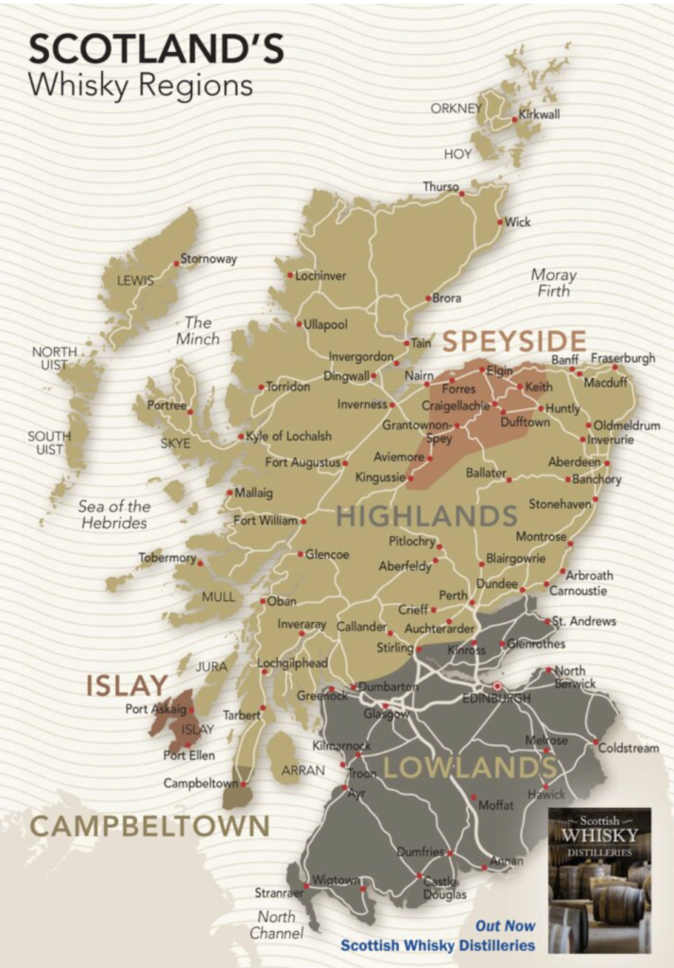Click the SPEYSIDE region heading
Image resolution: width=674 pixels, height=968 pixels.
514,340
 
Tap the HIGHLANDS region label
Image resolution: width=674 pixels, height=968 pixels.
427,516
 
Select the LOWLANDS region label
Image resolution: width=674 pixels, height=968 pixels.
469,768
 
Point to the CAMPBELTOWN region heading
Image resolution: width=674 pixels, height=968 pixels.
149,825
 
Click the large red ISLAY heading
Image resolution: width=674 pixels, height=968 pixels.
127,685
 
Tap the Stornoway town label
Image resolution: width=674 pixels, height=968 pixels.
208,259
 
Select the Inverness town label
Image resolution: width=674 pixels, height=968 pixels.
362,405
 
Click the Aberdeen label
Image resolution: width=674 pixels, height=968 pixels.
574,462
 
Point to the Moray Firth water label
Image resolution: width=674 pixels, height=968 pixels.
553,283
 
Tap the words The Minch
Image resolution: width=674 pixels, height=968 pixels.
198,330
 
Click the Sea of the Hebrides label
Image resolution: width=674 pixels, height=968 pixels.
113,514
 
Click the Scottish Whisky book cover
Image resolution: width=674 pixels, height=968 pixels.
600,879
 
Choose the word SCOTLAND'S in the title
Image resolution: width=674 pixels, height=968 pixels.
156,50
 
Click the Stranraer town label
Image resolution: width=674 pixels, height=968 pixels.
279,892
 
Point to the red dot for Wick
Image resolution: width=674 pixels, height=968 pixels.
500,222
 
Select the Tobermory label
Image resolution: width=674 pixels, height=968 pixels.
166,559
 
